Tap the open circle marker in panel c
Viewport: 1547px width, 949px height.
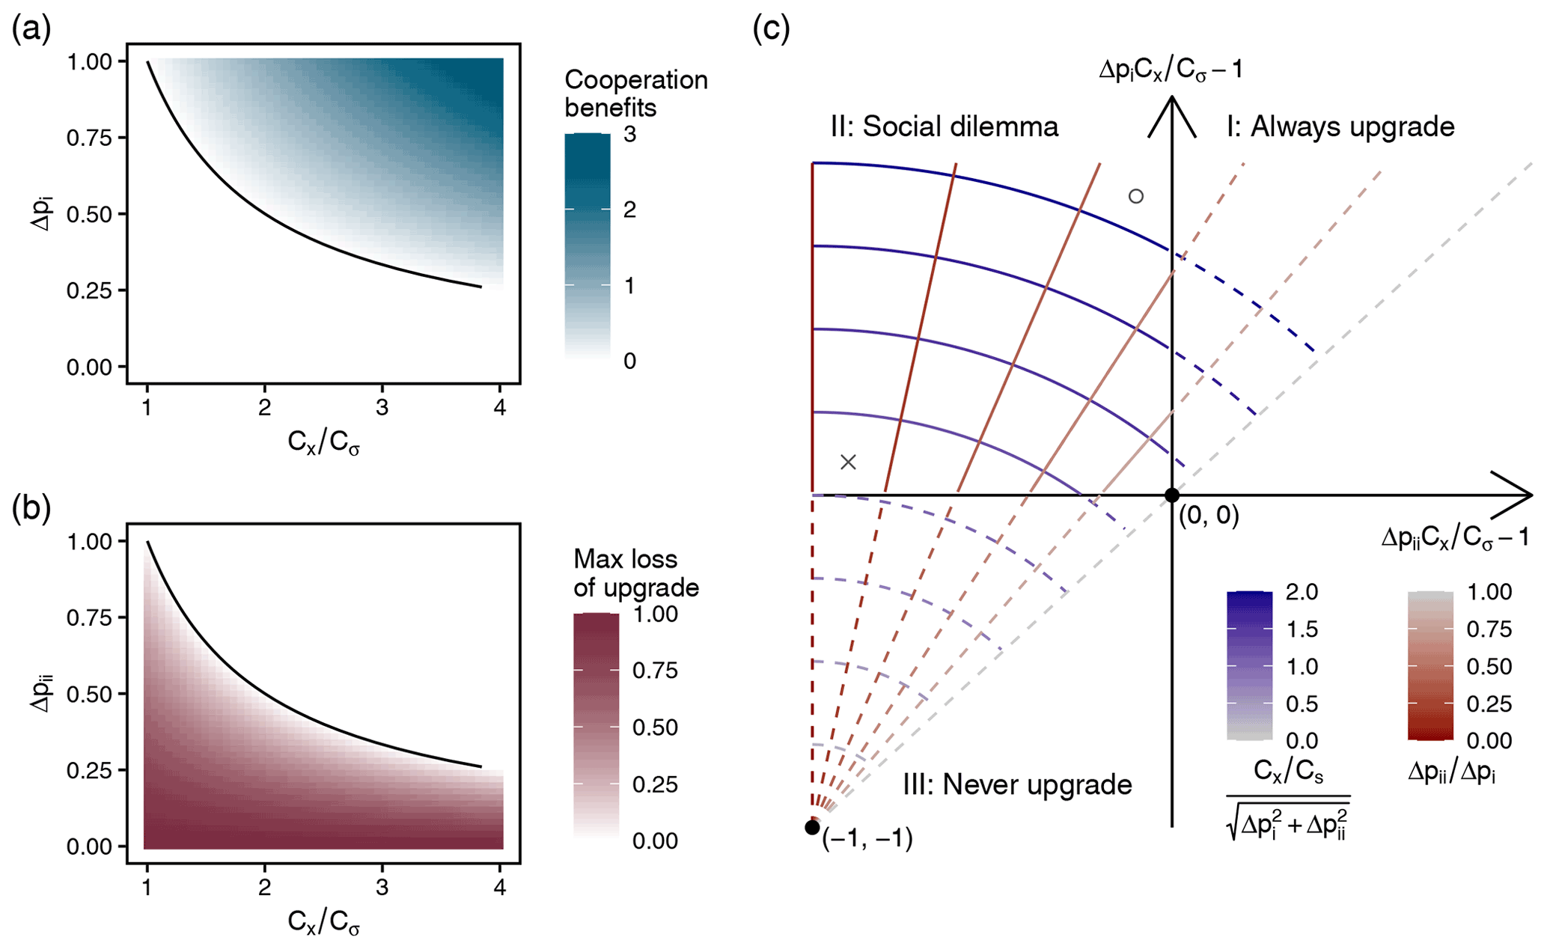pos(1135,197)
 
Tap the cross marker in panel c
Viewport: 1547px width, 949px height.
pos(848,462)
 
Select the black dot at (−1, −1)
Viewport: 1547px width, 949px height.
pos(812,827)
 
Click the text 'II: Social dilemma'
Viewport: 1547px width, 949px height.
pos(944,126)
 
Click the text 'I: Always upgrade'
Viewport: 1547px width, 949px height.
pos(1340,126)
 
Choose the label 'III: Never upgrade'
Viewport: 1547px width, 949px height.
pos(1017,784)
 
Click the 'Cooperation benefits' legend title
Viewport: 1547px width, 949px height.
pos(635,94)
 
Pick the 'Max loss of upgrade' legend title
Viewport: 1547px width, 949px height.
pos(635,573)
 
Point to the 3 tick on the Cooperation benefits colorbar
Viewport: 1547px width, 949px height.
pos(629,135)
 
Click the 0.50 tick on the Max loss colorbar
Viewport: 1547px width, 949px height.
pos(655,727)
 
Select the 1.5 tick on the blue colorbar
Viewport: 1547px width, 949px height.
pos(1302,629)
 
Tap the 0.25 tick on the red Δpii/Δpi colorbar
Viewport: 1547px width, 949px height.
pos(1489,704)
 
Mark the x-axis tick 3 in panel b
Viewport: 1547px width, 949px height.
pos(382,888)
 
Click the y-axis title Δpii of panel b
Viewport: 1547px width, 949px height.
pos(43,693)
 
